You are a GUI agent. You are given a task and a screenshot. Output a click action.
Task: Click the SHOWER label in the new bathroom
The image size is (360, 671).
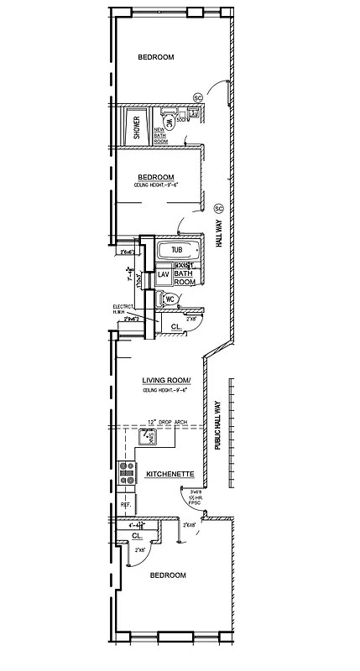137,127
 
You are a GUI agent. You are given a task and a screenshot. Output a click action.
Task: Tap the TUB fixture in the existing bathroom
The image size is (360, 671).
177,250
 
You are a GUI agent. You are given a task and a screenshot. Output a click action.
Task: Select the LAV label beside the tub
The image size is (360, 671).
164,274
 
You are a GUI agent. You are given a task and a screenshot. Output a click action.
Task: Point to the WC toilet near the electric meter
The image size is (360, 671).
169,299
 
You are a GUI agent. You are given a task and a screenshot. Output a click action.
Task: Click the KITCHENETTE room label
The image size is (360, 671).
170,474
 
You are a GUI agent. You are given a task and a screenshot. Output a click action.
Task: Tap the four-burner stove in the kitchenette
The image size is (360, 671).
127,476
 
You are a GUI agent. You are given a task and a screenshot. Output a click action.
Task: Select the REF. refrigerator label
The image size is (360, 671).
126,505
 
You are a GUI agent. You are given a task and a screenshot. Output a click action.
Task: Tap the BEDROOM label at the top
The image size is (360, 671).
155,56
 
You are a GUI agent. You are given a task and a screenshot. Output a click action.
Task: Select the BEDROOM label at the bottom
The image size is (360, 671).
167,575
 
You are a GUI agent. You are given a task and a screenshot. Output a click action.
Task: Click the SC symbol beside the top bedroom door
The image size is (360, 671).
199,97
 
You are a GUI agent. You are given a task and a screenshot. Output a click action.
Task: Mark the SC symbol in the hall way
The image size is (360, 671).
218,207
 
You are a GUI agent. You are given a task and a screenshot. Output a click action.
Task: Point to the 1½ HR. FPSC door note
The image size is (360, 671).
197,497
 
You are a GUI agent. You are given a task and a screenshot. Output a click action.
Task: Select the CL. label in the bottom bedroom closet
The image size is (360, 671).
137,534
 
